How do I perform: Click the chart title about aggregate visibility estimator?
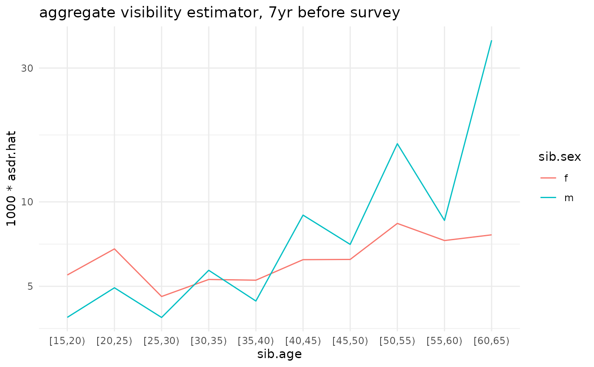(219, 13)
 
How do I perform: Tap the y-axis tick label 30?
(27, 68)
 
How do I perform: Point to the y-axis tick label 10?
(27, 202)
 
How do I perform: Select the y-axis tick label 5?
(30, 286)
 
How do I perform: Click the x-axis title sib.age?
(279, 354)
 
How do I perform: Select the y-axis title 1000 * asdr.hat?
(12, 178)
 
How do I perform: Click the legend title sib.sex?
(559, 157)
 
